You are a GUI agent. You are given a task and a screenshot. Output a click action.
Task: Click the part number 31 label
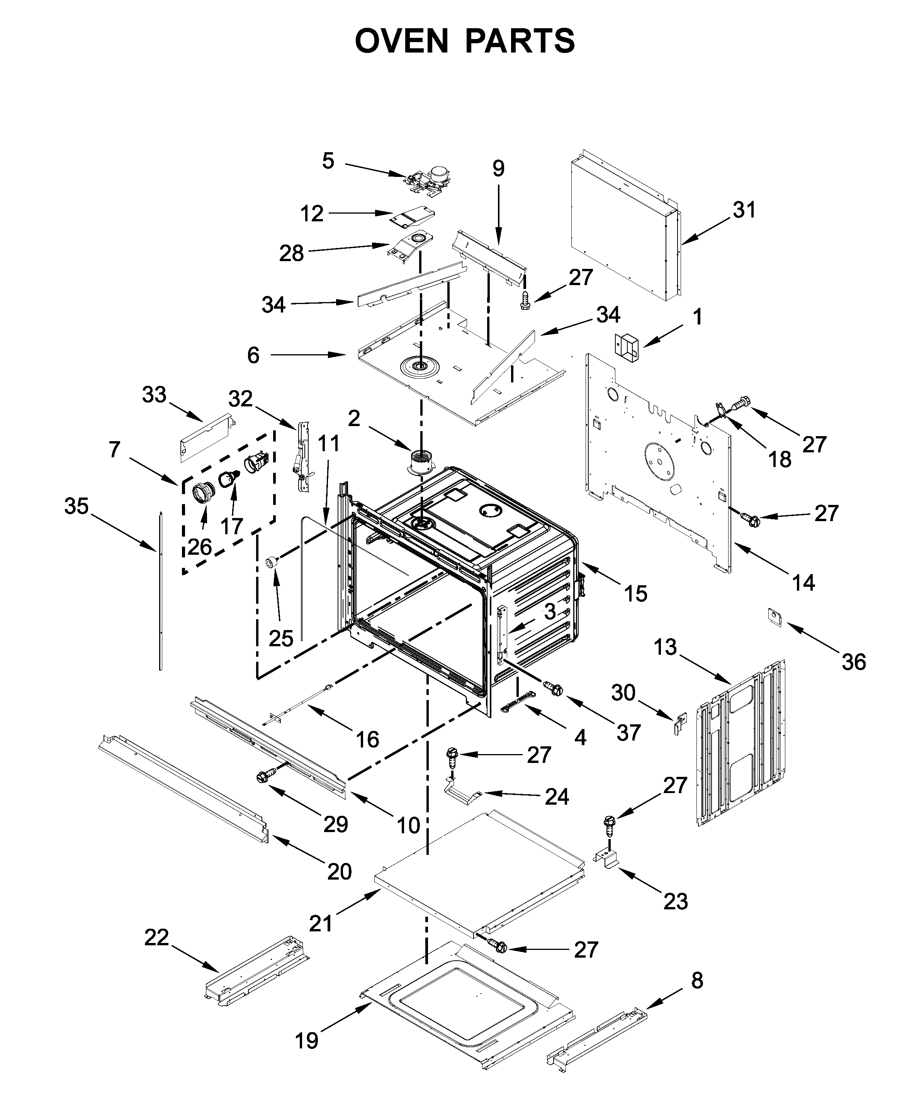click(x=744, y=210)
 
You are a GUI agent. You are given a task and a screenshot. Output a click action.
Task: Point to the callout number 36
click(x=854, y=662)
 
